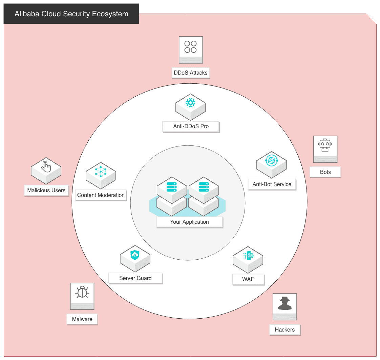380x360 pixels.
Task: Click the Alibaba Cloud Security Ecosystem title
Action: [71, 14]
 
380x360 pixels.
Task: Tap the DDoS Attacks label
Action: [191, 73]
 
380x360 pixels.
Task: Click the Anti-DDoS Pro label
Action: [191, 126]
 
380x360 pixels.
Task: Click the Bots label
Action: [325, 172]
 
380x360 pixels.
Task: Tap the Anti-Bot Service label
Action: [272, 184]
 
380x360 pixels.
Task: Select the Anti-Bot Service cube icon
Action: [272, 165]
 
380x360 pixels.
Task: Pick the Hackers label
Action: [285, 330]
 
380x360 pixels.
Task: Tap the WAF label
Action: [248, 279]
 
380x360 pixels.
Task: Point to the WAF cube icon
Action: [248, 260]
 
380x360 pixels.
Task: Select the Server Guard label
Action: [135, 278]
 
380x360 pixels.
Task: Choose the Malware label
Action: [82, 319]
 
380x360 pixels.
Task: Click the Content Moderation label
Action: [101, 195]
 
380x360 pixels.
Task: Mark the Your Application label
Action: [189, 222]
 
